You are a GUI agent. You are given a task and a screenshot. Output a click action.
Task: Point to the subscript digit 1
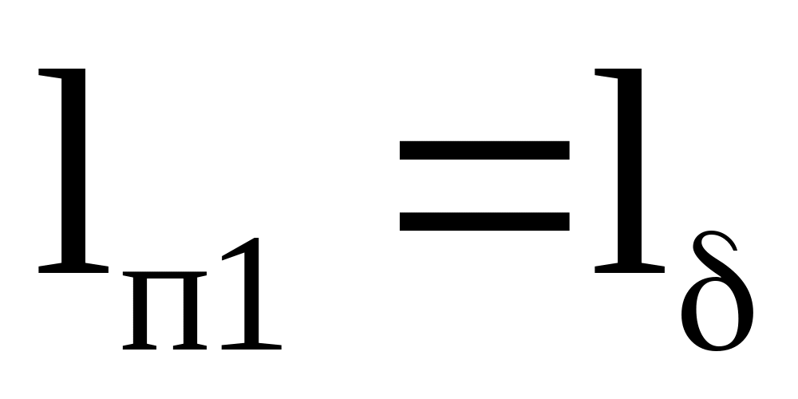pyautogui.click(x=252, y=299)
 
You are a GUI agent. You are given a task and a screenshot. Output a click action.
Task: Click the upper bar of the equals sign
pyautogui.click(x=484, y=151)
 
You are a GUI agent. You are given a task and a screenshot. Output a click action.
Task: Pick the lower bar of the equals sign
pyautogui.click(x=484, y=221)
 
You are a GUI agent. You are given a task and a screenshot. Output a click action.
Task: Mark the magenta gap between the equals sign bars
pyautogui.click(x=484, y=186)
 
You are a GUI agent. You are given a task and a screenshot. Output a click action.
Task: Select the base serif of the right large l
pyautogui.click(x=629, y=267)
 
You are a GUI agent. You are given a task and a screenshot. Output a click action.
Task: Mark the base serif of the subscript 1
pyautogui.click(x=252, y=346)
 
